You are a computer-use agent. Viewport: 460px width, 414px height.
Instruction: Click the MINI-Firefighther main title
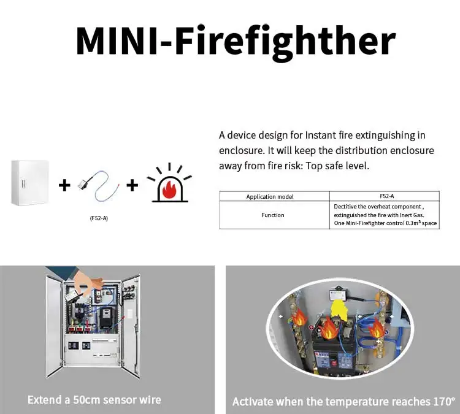235,40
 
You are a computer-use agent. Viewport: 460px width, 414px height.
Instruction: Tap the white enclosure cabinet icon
29,182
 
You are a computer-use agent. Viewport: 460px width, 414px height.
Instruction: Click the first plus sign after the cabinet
64,185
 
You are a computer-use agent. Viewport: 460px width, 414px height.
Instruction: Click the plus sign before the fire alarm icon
132,185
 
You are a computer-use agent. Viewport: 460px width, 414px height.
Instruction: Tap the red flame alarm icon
169,183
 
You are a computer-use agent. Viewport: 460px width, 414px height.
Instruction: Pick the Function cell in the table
274,215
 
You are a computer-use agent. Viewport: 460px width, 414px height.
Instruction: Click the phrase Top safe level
347,166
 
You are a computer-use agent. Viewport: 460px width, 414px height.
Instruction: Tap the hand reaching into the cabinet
90,283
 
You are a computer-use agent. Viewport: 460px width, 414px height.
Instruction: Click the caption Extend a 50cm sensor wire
94,400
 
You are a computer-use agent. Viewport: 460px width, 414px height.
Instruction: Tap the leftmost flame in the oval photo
299,318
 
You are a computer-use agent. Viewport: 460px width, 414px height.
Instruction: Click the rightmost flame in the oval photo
376,329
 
